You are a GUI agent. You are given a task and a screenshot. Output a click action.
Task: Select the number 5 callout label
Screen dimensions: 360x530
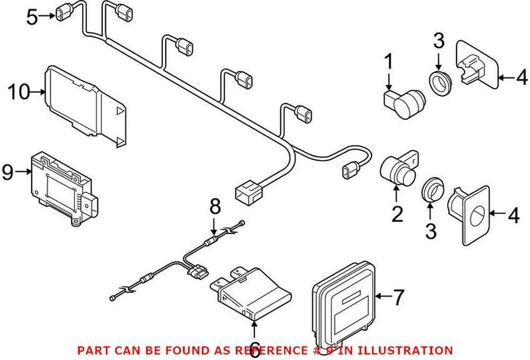pyautogui.click(x=32, y=17)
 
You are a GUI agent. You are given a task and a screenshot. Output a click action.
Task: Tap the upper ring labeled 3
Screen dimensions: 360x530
pyautogui.click(x=439, y=84)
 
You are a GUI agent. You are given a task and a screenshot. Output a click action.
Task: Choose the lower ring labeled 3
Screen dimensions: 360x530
pyautogui.click(x=433, y=189)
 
